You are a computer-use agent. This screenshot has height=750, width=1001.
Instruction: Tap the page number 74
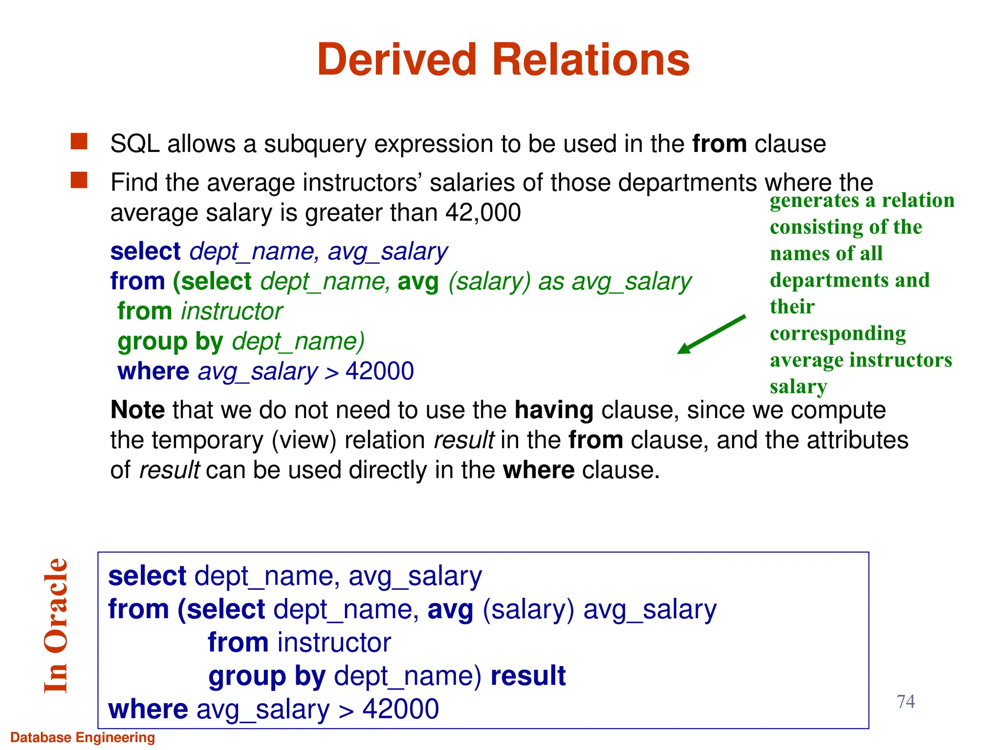[906, 702]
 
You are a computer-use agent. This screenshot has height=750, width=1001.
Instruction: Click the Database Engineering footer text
[83, 737]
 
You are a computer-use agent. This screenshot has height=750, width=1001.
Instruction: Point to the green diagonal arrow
[711, 334]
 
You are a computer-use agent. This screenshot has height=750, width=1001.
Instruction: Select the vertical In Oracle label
[55, 626]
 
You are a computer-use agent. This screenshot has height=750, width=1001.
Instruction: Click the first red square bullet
[79, 142]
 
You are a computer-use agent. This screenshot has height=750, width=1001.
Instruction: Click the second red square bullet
[79, 180]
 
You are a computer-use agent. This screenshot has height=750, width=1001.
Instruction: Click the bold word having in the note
[554, 410]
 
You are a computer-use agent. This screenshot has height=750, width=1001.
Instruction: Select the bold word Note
[138, 410]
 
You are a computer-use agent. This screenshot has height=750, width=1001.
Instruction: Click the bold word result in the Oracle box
[528, 676]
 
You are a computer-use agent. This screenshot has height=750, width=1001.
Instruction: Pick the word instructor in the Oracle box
[334, 643]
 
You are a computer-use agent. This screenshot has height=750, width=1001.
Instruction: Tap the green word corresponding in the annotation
[838, 334]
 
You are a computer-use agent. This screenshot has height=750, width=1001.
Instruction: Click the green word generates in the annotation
[814, 201]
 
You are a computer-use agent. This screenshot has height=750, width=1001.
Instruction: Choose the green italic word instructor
[232, 312]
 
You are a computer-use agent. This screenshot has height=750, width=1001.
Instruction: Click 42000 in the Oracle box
[400, 709]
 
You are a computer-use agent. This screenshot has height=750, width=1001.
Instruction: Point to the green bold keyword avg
[418, 282]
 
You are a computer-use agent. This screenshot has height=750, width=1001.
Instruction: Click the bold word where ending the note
[539, 470]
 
